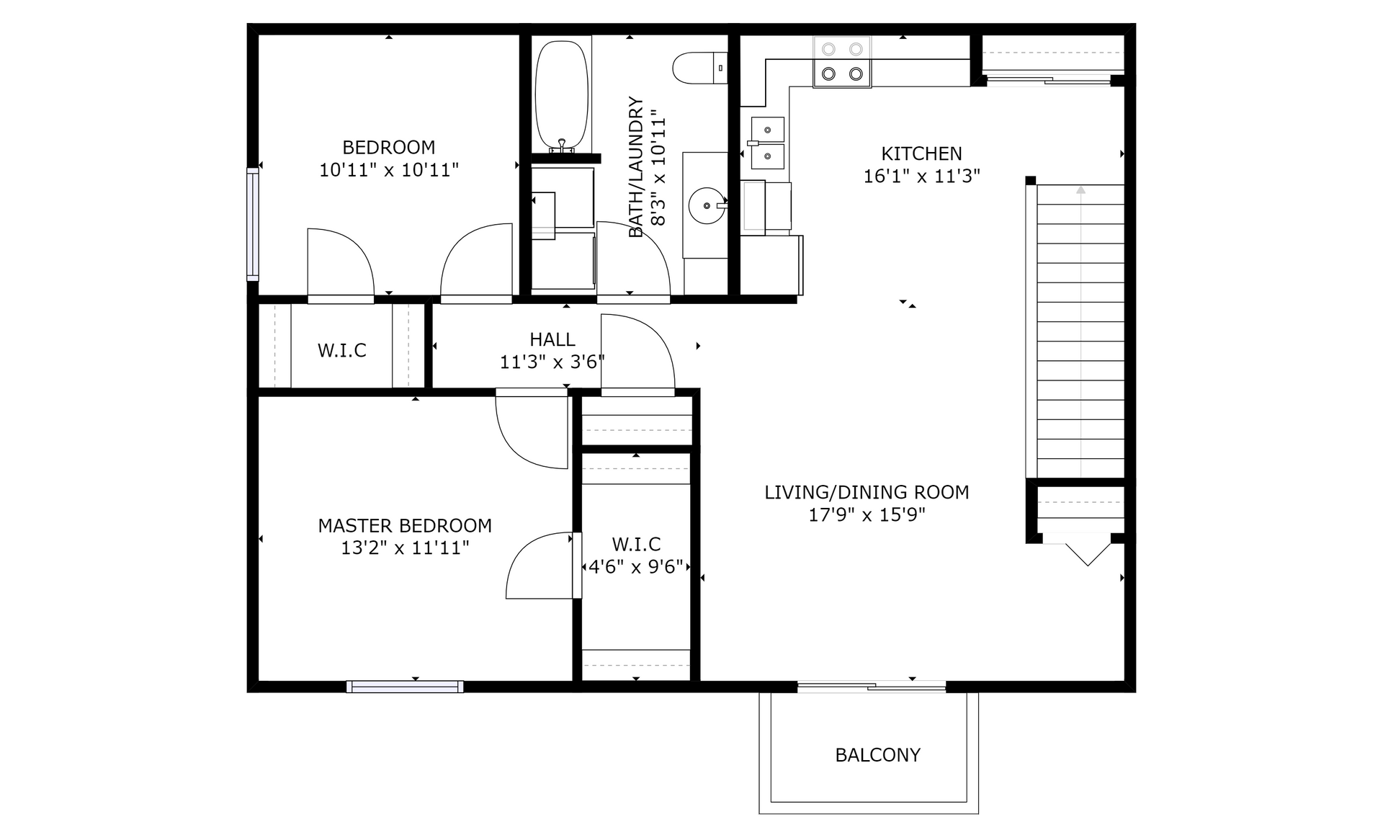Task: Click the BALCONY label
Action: (x=877, y=755)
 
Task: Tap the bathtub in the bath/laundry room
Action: (x=562, y=95)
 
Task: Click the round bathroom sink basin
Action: (x=707, y=206)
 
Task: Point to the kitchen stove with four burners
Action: (x=842, y=61)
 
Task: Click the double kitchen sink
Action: (x=768, y=143)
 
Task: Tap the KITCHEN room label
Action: (x=921, y=153)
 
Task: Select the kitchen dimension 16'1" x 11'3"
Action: (x=921, y=177)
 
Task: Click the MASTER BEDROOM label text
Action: (x=405, y=525)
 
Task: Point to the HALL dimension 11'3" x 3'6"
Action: (x=552, y=362)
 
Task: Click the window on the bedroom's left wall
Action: (x=252, y=223)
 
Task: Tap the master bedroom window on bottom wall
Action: (x=405, y=687)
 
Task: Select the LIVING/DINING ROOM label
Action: (x=867, y=492)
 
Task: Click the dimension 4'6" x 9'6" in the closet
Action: (x=635, y=567)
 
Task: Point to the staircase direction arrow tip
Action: (x=1080, y=187)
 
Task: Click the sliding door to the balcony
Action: (x=872, y=687)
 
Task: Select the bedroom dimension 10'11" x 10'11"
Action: (x=389, y=170)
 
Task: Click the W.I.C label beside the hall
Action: (x=342, y=351)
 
